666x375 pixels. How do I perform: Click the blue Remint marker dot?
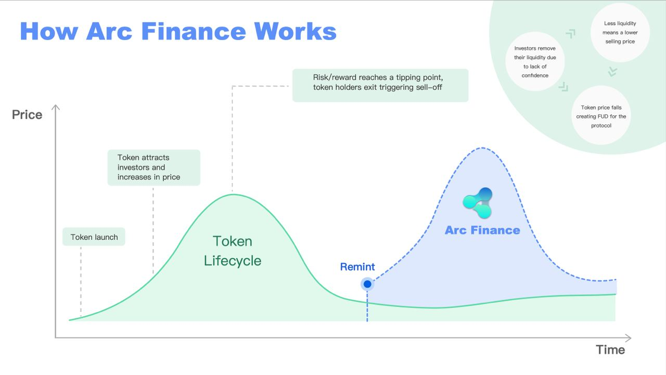coord(367,284)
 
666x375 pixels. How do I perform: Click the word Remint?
coord(357,267)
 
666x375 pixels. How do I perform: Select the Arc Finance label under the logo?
coord(482,230)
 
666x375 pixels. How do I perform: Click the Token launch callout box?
coord(94,237)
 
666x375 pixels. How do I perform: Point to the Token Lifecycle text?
coord(233,251)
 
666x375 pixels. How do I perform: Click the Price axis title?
coord(27,114)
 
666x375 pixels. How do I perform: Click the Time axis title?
coord(610,350)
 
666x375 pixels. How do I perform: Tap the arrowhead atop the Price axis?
coord(56,107)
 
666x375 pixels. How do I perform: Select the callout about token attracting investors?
coord(153,167)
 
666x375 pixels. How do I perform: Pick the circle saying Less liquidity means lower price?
coord(620,32)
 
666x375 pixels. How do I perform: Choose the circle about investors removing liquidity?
coord(535,61)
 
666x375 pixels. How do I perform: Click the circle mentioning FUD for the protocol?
coord(601,117)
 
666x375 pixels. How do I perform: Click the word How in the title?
coord(49,31)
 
